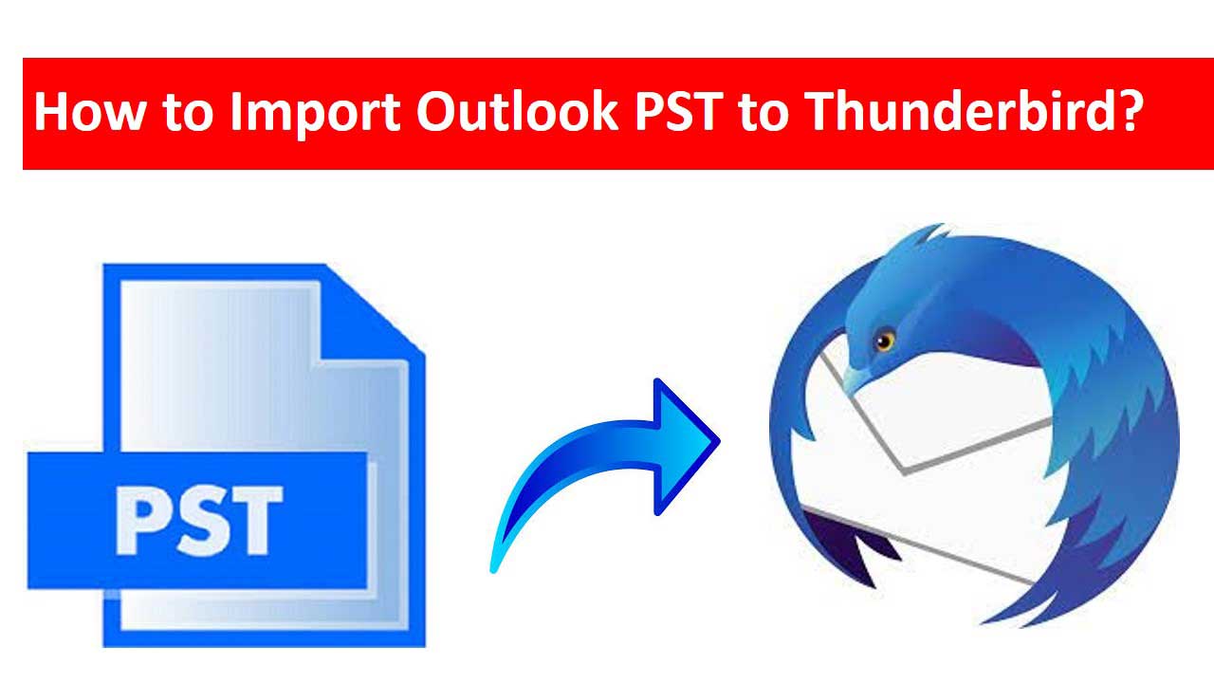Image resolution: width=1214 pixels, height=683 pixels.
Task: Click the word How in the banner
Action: pyautogui.click(x=90, y=112)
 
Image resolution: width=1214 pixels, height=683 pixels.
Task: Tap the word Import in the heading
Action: pyautogui.click(x=315, y=113)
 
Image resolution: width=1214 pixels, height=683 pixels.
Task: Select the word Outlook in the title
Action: pyautogui.click(x=517, y=111)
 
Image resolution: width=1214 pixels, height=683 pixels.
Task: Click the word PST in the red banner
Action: pyautogui.click(x=678, y=112)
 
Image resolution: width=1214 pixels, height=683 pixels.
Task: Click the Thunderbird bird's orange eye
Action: pyautogui.click(x=885, y=341)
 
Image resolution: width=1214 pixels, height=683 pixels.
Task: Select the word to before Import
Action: pyautogui.click(x=188, y=113)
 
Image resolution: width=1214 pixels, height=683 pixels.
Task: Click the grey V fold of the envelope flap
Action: pyautogui.click(x=904, y=470)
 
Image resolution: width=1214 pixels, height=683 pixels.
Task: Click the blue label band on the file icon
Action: pyautogui.click(x=197, y=521)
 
